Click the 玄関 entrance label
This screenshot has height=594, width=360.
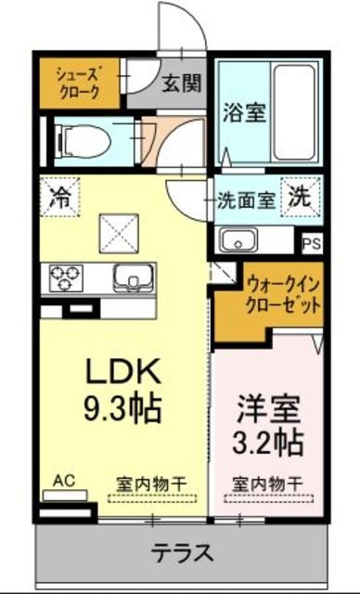point(182,84)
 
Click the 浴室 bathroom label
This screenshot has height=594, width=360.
point(245,114)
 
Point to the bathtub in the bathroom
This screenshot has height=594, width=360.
point(296,110)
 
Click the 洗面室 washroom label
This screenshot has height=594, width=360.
point(246,198)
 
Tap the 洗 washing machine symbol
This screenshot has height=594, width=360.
point(299,196)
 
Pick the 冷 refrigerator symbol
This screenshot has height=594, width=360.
point(59,197)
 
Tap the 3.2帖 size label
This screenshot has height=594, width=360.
point(267,442)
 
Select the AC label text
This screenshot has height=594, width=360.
point(63,481)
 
